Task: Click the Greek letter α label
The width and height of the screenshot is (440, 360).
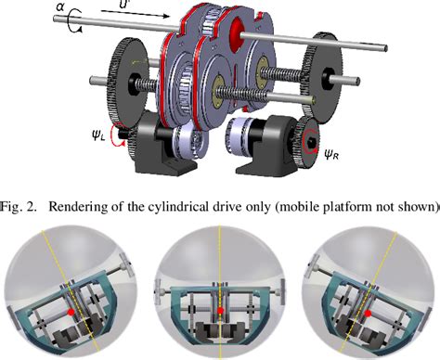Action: (60, 6)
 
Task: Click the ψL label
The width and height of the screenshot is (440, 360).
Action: (98, 135)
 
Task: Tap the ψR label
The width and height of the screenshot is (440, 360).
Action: (331, 154)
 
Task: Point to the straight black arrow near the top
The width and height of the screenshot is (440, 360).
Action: (136, 14)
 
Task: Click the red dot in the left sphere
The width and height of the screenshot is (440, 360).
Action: (71, 312)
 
